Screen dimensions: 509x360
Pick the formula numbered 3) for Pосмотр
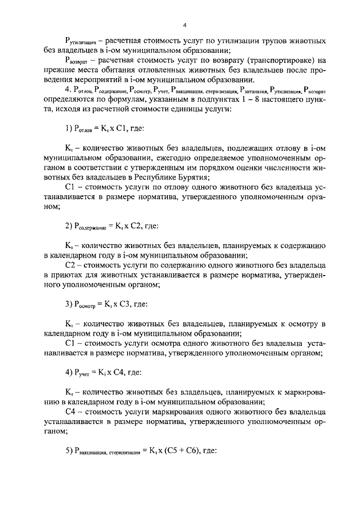[x=106, y=304]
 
